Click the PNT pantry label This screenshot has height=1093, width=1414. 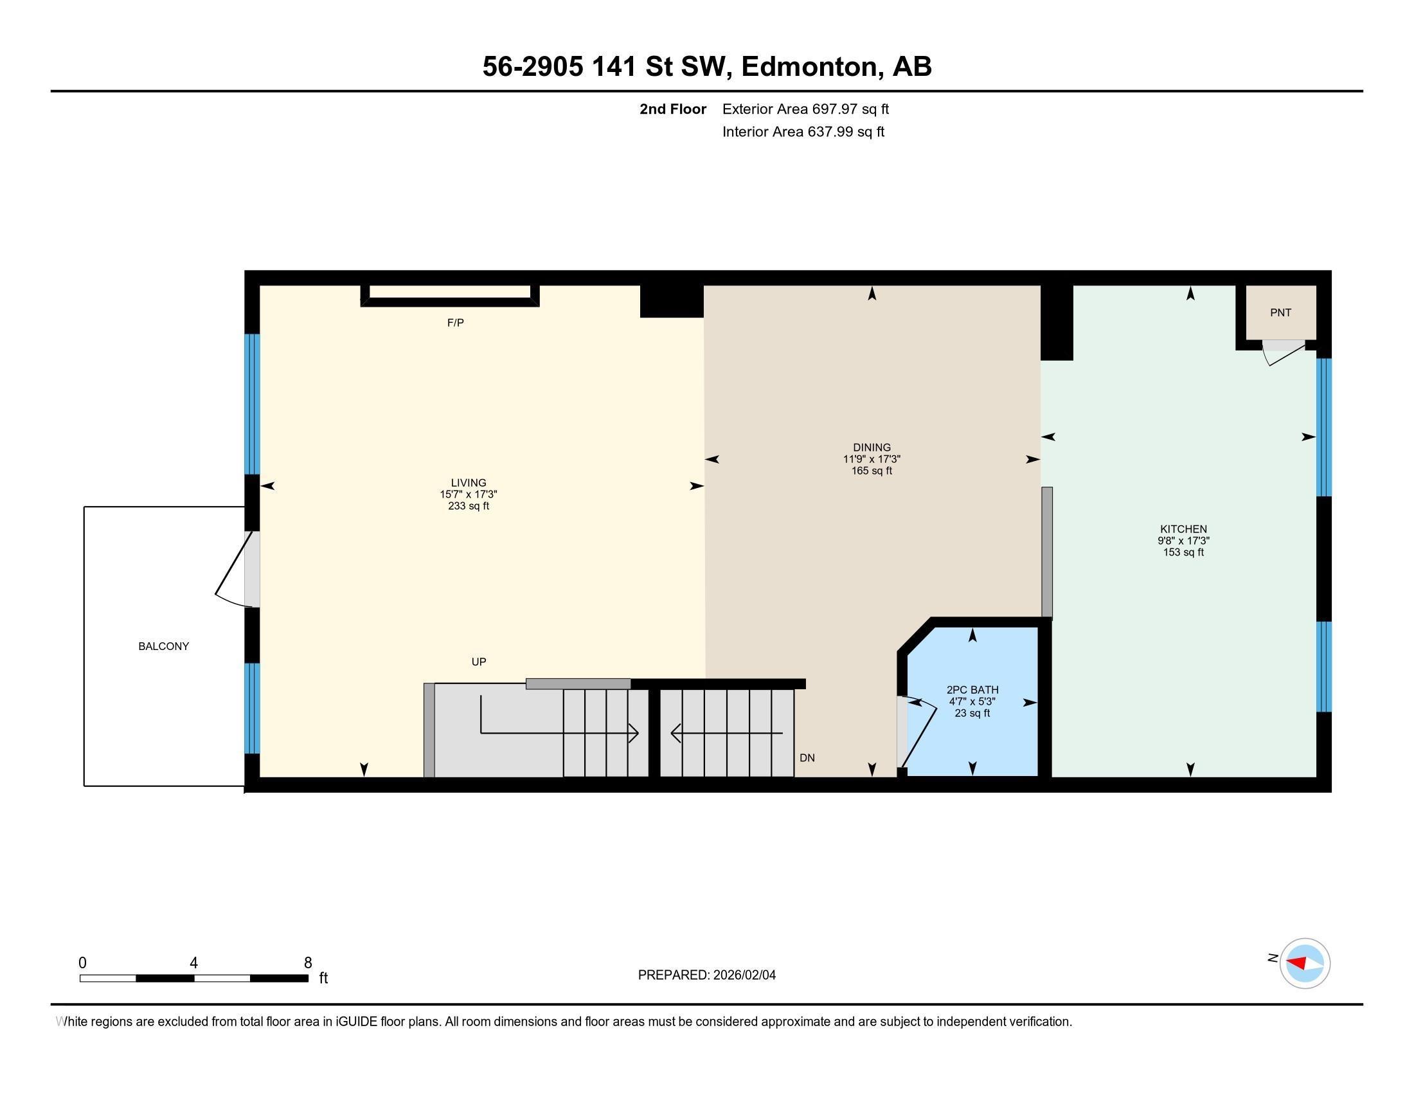tap(1280, 312)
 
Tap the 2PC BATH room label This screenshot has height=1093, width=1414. tap(972, 691)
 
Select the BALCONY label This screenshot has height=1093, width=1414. tap(164, 646)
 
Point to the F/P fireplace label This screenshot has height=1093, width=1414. tap(456, 323)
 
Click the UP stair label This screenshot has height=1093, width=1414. tap(478, 662)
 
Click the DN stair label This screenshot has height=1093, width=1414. tap(807, 757)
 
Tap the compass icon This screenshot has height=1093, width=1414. tap(1305, 963)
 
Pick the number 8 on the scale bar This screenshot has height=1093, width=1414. tap(308, 963)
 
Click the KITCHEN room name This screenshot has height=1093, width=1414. tap(1183, 529)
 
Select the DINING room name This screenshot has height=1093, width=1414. tap(872, 447)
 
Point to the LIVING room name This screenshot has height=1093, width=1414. tap(468, 482)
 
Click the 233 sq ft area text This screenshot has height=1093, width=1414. tap(468, 506)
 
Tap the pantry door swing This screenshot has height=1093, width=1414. tap(1284, 353)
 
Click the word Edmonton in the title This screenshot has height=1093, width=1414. tap(809, 66)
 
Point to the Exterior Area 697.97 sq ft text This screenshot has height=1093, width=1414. tap(805, 109)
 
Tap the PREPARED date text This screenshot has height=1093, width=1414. tap(706, 975)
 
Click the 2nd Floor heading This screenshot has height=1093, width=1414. tap(673, 109)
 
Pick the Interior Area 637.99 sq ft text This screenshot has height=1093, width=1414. tap(803, 131)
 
